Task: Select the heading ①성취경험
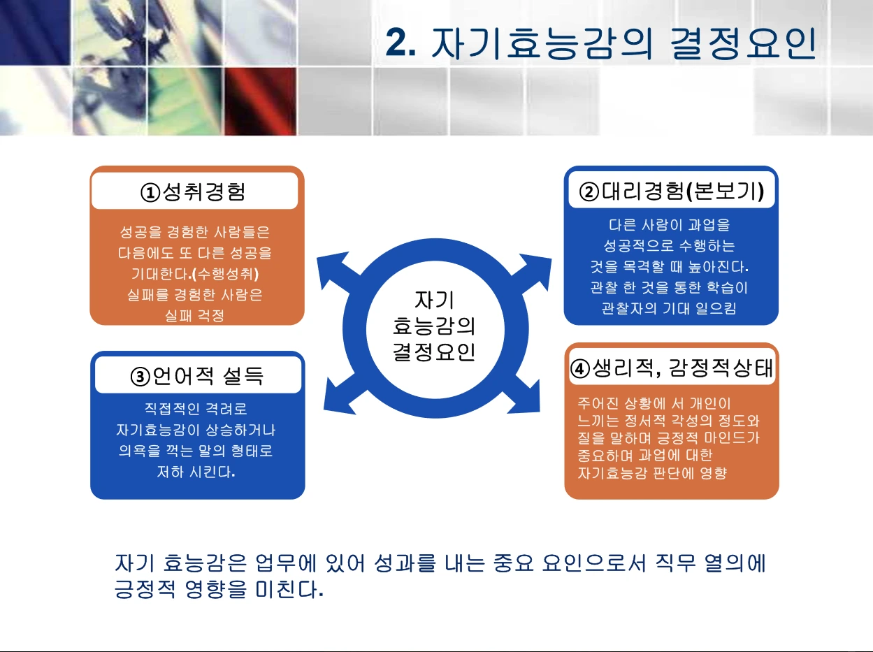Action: coord(194,191)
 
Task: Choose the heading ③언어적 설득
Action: coord(197,377)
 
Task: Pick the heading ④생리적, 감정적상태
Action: coord(672,368)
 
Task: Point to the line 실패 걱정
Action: coord(194,316)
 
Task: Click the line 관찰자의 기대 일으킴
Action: coord(669,308)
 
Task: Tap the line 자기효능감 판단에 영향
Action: coord(652,474)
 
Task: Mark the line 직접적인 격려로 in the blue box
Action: coord(196,409)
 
